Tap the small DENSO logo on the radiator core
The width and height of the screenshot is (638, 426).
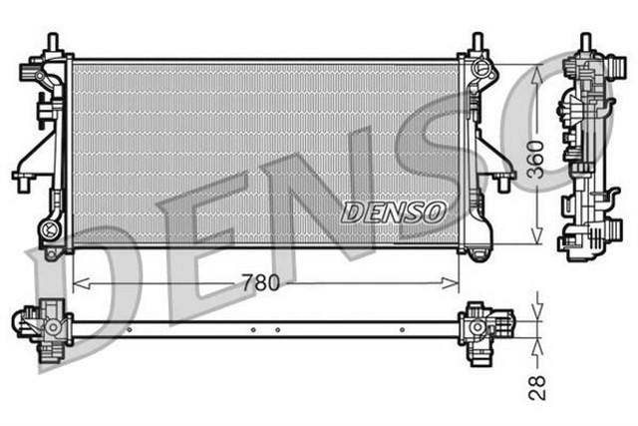point(394,212)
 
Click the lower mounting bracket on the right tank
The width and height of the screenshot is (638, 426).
point(497,181)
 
